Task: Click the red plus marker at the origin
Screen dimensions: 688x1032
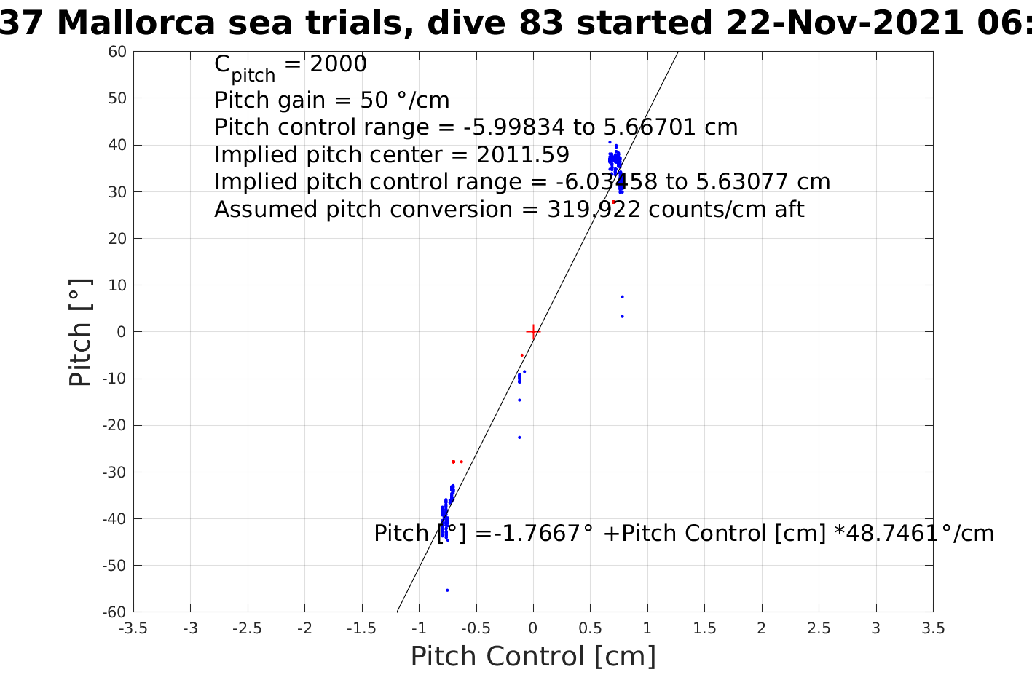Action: point(533,331)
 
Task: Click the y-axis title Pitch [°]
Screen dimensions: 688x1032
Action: point(80,332)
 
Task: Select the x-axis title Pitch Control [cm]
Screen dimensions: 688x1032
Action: point(533,657)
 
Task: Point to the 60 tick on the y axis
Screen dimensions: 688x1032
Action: point(118,52)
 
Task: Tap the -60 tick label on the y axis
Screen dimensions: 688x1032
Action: point(114,612)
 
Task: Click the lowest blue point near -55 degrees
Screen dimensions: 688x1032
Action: point(447,590)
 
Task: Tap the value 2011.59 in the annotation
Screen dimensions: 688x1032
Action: point(523,155)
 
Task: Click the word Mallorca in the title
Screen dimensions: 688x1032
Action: point(135,23)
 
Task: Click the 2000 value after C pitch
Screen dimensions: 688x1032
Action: point(339,64)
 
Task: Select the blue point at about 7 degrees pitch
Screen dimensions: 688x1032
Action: point(622,296)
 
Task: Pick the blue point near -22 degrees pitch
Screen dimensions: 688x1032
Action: point(519,437)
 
